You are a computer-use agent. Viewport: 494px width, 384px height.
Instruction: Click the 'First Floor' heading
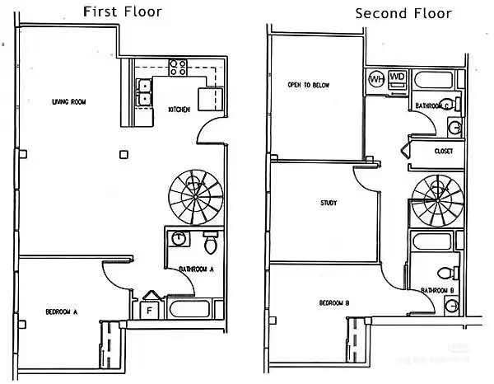[x=123, y=12]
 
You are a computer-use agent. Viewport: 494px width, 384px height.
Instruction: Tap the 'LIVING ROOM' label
[x=69, y=102]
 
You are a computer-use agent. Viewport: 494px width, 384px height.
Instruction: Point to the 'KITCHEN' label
[x=180, y=109]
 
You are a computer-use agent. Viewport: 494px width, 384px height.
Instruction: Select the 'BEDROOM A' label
[x=62, y=311]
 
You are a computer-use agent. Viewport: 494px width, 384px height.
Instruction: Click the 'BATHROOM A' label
[x=196, y=269]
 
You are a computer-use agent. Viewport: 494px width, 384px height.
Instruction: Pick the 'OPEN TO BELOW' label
[x=305, y=85]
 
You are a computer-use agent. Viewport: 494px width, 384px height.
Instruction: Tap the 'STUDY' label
[x=329, y=202]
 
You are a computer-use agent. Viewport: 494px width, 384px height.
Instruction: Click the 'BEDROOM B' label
[x=334, y=303]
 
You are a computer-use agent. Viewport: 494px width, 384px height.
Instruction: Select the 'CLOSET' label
[x=443, y=152]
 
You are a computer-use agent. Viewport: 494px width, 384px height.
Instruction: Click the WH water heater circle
[x=376, y=79]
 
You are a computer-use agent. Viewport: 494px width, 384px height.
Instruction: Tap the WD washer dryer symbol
[x=397, y=78]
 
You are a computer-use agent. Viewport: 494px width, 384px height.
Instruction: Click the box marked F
[x=149, y=310]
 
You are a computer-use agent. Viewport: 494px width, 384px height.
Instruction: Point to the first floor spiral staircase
[x=195, y=196]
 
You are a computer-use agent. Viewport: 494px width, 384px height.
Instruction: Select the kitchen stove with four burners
[x=178, y=68]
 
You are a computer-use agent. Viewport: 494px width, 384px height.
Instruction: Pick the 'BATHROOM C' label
[x=433, y=105]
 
